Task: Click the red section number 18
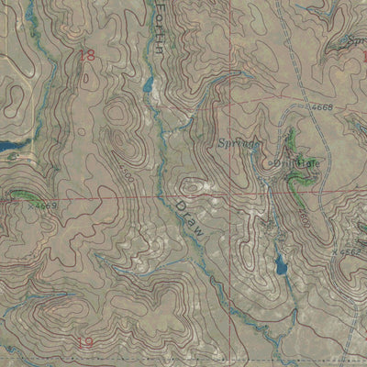[87, 56]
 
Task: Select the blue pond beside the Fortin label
[149, 85]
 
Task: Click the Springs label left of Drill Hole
[240, 144]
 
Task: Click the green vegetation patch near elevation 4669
[20, 195]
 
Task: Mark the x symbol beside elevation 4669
[30, 206]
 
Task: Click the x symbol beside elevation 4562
[336, 250]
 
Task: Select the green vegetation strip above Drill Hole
[292, 140]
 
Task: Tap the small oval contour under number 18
[85, 80]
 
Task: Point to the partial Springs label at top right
[356, 41]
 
